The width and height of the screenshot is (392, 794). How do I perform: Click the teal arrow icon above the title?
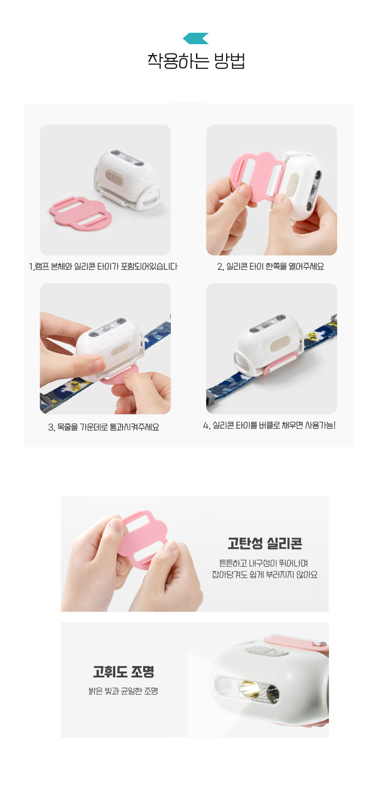(196, 39)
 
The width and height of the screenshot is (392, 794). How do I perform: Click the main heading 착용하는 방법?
(196, 61)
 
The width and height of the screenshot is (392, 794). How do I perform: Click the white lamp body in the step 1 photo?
(126, 179)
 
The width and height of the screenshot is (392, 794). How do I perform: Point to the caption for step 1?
(103, 267)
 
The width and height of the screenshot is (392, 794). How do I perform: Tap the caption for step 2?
(270, 267)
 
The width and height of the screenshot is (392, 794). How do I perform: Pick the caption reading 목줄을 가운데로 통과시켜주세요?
(103, 427)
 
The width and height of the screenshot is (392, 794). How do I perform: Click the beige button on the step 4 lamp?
(279, 344)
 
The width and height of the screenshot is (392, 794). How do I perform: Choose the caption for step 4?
(269, 426)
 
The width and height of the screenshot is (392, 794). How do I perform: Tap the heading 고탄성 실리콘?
(265, 543)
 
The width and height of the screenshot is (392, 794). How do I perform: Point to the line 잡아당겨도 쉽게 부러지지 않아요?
(265, 575)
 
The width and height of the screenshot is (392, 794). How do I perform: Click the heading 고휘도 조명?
(124, 672)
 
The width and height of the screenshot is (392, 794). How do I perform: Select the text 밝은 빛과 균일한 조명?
(124, 691)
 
